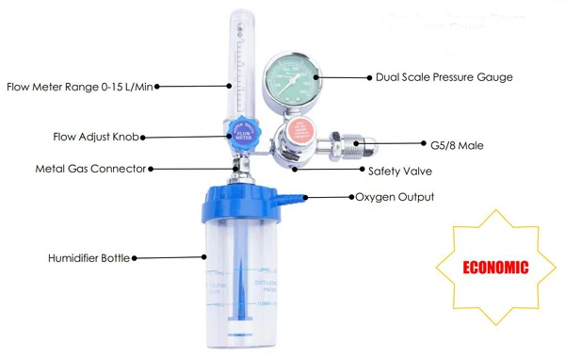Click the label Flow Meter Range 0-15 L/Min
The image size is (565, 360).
pyautogui.click(x=79, y=87)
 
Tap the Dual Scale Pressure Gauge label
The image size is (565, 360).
pyautogui.click(x=444, y=77)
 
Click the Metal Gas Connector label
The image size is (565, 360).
pyautogui.click(x=90, y=169)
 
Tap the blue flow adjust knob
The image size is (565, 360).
pyautogui.click(x=242, y=136)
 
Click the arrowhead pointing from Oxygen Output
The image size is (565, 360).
pyautogui.click(x=350, y=197)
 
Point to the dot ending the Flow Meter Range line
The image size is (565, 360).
pyautogui.click(x=157, y=87)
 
